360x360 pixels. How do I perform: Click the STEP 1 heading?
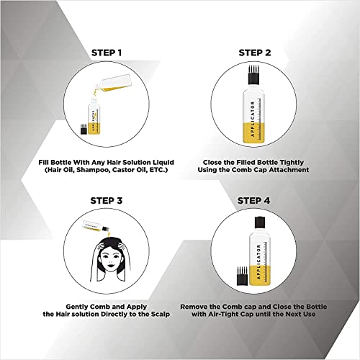pyautogui.click(x=107, y=53)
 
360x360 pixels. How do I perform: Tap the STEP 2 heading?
pyautogui.click(x=255, y=53)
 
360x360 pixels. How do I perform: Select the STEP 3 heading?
pyautogui.click(x=107, y=201)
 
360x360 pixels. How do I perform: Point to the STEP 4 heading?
pyautogui.click(x=253, y=201)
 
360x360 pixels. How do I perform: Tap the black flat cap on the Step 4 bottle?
pyautogui.click(x=259, y=222)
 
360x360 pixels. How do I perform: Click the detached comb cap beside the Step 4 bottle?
pyautogui.click(x=242, y=276)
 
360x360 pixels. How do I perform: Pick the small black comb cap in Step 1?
pyautogui.click(x=84, y=129)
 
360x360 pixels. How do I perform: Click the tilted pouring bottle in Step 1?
pyautogui.click(x=113, y=84)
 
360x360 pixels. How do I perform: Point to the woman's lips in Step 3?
pyautogui.click(x=111, y=266)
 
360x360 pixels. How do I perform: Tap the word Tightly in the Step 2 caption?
pyautogui.click(x=292, y=163)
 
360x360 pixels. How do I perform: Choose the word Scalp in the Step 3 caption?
pyautogui.click(x=161, y=314)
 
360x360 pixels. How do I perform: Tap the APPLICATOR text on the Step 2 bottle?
pyautogui.click(x=252, y=119)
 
